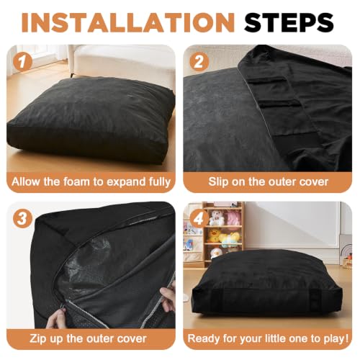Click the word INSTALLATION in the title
127,22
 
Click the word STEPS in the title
289,22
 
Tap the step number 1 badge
22,62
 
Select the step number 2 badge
199,62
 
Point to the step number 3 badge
22,219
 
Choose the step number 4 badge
199,219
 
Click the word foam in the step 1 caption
76,181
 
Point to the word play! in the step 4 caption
336,339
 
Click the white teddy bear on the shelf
217,217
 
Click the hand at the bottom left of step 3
56,318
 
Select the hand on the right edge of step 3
168,300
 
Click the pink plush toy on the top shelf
233,218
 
